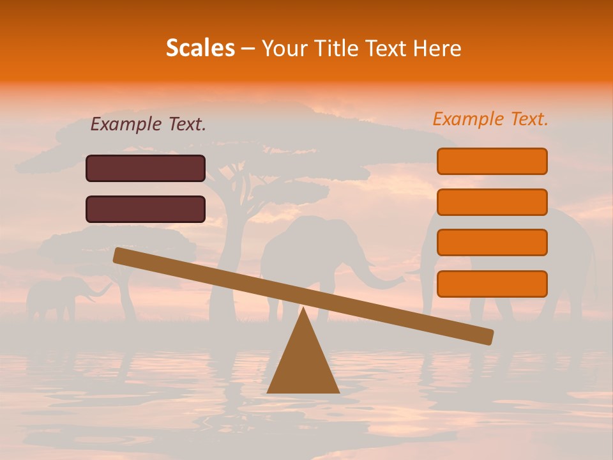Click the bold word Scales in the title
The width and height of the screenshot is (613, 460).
click(x=200, y=48)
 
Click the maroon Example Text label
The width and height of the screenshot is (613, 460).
click(x=148, y=125)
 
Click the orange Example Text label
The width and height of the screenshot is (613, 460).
click(x=490, y=119)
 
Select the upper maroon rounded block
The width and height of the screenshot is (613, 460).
click(x=146, y=168)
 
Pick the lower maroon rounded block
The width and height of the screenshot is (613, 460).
click(x=146, y=209)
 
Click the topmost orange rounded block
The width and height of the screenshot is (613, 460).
click(x=492, y=161)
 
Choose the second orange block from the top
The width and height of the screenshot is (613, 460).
click(x=492, y=202)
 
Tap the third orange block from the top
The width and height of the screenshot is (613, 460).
click(x=492, y=243)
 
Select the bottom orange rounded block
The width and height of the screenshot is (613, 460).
click(x=492, y=284)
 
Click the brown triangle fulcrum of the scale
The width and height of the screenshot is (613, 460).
click(x=303, y=361)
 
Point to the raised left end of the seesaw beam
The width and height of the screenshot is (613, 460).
click(x=121, y=256)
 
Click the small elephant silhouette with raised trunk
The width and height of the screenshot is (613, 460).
click(x=57, y=296)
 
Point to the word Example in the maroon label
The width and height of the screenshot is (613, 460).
click(x=125, y=125)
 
